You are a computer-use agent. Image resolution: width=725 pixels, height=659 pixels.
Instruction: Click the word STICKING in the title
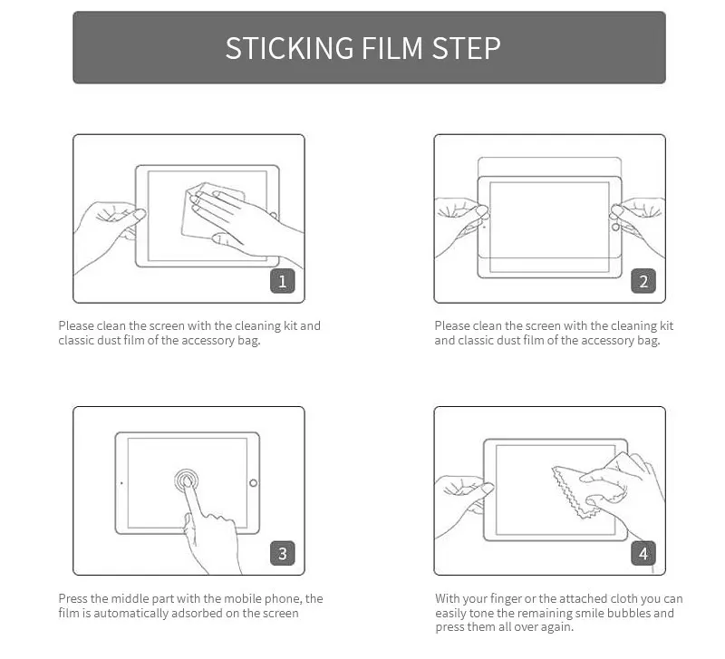tap(289, 48)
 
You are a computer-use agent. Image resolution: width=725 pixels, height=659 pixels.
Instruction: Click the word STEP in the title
tap(466, 48)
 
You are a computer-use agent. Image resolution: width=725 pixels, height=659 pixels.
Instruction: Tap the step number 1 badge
tap(282, 281)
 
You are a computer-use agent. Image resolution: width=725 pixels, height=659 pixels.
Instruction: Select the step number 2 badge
tap(643, 281)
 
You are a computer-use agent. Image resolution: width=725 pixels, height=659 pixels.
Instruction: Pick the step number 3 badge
tap(282, 553)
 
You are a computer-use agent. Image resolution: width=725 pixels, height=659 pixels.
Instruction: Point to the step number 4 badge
tap(643, 553)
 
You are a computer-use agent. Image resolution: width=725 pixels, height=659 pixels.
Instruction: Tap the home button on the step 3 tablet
tap(254, 483)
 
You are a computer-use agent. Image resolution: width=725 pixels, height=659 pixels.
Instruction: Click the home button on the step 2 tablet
tap(615, 227)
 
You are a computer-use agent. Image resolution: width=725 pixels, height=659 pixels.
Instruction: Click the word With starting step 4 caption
tap(447, 598)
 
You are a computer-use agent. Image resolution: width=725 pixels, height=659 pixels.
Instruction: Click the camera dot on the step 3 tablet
tap(121, 483)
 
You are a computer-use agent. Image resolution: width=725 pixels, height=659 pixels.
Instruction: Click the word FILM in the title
tap(392, 48)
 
